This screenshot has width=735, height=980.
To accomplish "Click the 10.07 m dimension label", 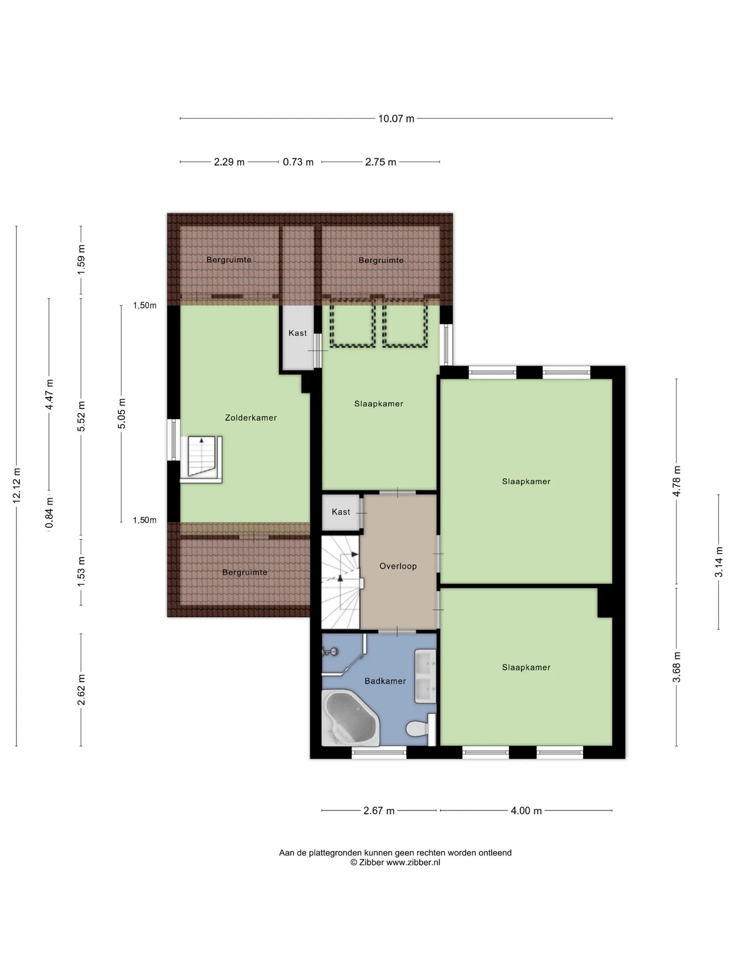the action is pyautogui.click(x=396, y=119).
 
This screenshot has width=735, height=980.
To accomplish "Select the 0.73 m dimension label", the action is pyautogui.click(x=298, y=162).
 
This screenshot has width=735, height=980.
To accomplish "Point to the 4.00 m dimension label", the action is pyautogui.click(x=526, y=811).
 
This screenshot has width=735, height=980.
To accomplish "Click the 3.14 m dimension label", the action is pyautogui.click(x=719, y=561).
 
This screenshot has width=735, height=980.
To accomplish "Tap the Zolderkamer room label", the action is pyautogui.click(x=251, y=418).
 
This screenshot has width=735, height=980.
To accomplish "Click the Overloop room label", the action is pyautogui.click(x=398, y=566).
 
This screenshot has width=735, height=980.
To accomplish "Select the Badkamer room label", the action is pyautogui.click(x=385, y=681).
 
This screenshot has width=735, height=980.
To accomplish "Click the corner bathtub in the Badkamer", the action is pyautogui.click(x=351, y=717).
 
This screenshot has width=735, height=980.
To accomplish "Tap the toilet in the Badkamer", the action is pyautogui.click(x=422, y=728).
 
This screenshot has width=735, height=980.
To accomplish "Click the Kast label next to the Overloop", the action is pyautogui.click(x=341, y=512).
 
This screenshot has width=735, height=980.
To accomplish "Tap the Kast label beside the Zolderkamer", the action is pyautogui.click(x=298, y=333).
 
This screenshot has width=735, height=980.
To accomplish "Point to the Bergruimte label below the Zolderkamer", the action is pyautogui.click(x=244, y=573).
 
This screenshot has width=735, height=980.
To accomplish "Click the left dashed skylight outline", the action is pyautogui.click(x=353, y=323).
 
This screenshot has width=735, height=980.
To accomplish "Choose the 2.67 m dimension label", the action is pyautogui.click(x=379, y=811).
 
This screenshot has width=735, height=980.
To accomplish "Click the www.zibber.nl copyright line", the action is pyautogui.click(x=395, y=863).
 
